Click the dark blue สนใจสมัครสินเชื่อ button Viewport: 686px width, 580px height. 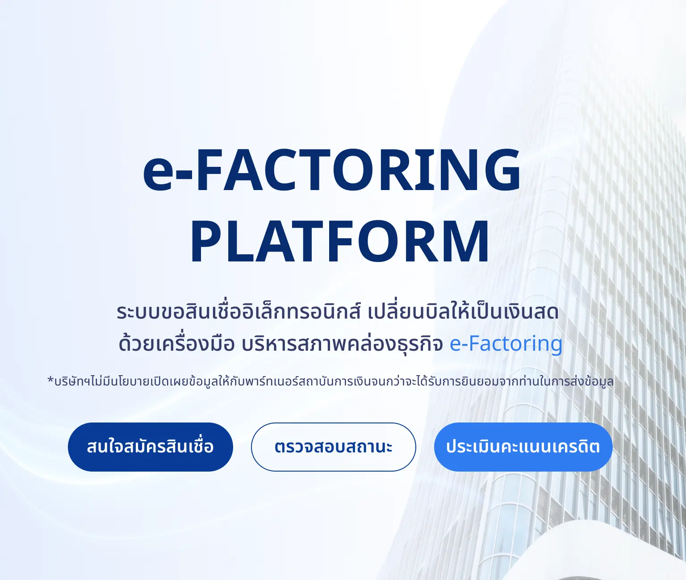click(150, 447)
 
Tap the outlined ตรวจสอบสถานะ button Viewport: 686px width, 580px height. click(333, 447)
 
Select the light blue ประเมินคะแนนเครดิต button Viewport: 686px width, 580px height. click(523, 447)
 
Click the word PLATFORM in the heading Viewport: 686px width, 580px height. click(340, 242)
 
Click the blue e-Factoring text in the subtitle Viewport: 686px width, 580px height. click(506, 344)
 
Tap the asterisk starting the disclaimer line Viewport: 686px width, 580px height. click(50, 381)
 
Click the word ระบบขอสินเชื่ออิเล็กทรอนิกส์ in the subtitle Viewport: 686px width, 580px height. click(238, 312)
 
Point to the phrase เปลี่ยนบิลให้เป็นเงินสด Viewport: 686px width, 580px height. click(463, 312)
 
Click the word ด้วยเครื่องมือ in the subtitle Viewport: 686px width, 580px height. click(176, 344)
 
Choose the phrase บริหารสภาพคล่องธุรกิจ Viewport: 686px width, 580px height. click(342, 344)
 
